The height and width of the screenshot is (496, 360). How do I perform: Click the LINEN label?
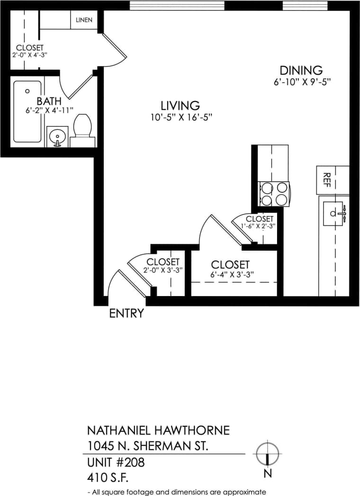click(x=84, y=20)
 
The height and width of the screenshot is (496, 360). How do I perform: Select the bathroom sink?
click(x=57, y=136)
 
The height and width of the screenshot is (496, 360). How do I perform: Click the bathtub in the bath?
click(x=27, y=112)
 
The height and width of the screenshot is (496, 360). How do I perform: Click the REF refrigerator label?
click(x=326, y=180)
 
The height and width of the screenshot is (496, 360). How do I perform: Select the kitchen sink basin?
click(x=333, y=214)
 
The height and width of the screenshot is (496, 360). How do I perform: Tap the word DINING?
click(x=301, y=71)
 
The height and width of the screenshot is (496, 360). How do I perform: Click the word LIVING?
click(x=180, y=106)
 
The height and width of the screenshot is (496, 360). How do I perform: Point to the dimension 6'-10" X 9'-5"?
click(x=301, y=81)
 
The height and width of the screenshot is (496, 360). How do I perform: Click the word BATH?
click(x=49, y=101)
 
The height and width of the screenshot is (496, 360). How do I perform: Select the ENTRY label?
click(x=126, y=313)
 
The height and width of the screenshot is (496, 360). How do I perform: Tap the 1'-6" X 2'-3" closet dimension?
click(x=258, y=226)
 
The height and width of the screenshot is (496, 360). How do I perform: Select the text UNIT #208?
click(x=116, y=462)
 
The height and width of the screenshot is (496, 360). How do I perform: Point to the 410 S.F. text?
click(x=108, y=476)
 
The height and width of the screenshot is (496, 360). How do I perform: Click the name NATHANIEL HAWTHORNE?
click(x=158, y=430)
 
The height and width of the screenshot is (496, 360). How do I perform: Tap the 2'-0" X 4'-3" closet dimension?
click(x=30, y=55)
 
